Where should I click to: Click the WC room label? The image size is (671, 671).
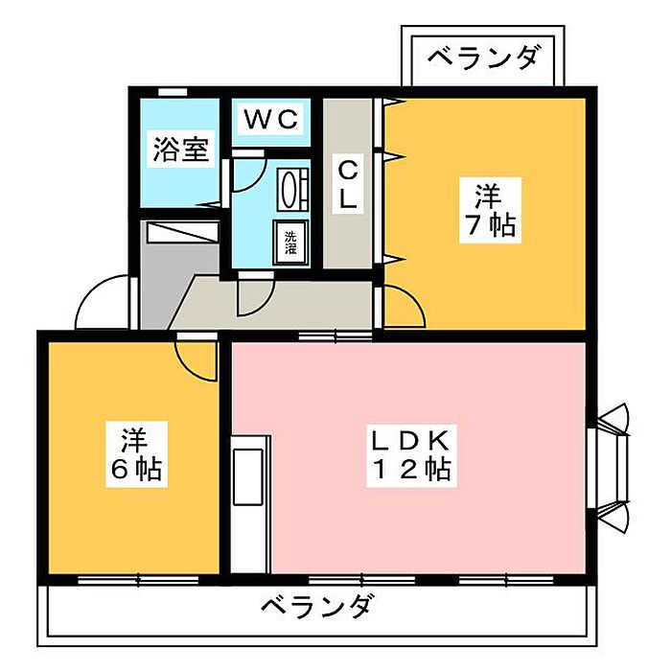pos(271,119)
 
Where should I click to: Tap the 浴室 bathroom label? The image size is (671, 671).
pos(180,150)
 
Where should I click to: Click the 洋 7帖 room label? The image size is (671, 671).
pos(491,210)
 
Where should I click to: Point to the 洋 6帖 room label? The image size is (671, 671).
pos(136,454)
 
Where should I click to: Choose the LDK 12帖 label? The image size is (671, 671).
pos(411,455)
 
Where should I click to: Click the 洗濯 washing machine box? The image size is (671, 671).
pos(291,243)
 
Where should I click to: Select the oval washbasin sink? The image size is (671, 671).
pos(292,189)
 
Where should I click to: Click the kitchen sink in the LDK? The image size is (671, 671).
pos(247,476)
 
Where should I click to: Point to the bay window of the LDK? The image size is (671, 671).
pos(611,468)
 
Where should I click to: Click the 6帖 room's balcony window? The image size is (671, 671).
pos(138,580)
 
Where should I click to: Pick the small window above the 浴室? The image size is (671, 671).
pos(172,92)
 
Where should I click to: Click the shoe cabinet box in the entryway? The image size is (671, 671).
pos(182,232)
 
